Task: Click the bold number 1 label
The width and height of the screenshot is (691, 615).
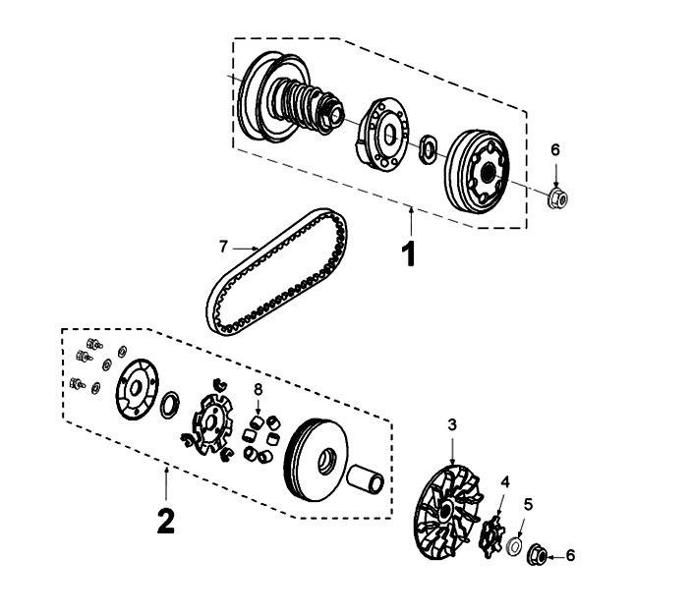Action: click(x=408, y=254)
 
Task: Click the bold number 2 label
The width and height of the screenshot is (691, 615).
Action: click(x=165, y=520)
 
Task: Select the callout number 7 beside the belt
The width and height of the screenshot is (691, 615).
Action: click(x=224, y=246)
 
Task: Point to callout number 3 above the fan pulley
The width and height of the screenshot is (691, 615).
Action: click(x=451, y=425)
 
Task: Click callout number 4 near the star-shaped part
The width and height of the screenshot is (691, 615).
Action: click(x=505, y=482)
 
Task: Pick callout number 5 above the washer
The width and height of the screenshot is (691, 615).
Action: click(x=528, y=505)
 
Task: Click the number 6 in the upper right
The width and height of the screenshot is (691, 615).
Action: click(x=554, y=149)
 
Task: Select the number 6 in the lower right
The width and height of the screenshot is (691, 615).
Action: click(x=570, y=555)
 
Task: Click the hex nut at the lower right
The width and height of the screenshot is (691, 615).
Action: click(x=540, y=553)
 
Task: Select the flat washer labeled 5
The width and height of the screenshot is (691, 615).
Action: click(x=513, y=543)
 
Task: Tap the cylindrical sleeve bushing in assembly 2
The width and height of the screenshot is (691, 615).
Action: click(x=370, y=484)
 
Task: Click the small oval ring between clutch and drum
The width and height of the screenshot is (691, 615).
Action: click(x=429, y=149)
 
